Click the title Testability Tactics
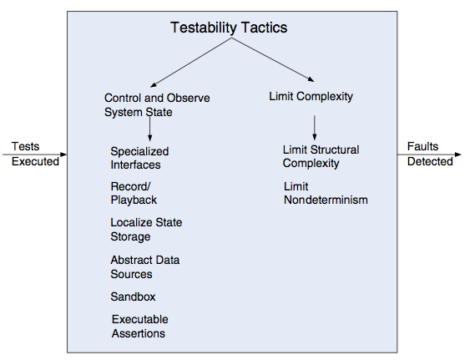229,28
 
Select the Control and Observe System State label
157,105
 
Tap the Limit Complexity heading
311,97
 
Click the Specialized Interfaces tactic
139,158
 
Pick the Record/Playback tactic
134,193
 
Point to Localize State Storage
146,230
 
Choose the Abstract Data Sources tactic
144,267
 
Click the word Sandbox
133,297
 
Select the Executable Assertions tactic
139,327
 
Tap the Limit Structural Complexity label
321,156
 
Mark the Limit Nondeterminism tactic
326,193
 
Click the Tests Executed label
35,154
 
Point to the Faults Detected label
430,154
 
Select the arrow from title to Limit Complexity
272,59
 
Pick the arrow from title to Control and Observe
190,63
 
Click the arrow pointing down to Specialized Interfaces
150,129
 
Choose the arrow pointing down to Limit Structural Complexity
315,128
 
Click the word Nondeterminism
326,200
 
